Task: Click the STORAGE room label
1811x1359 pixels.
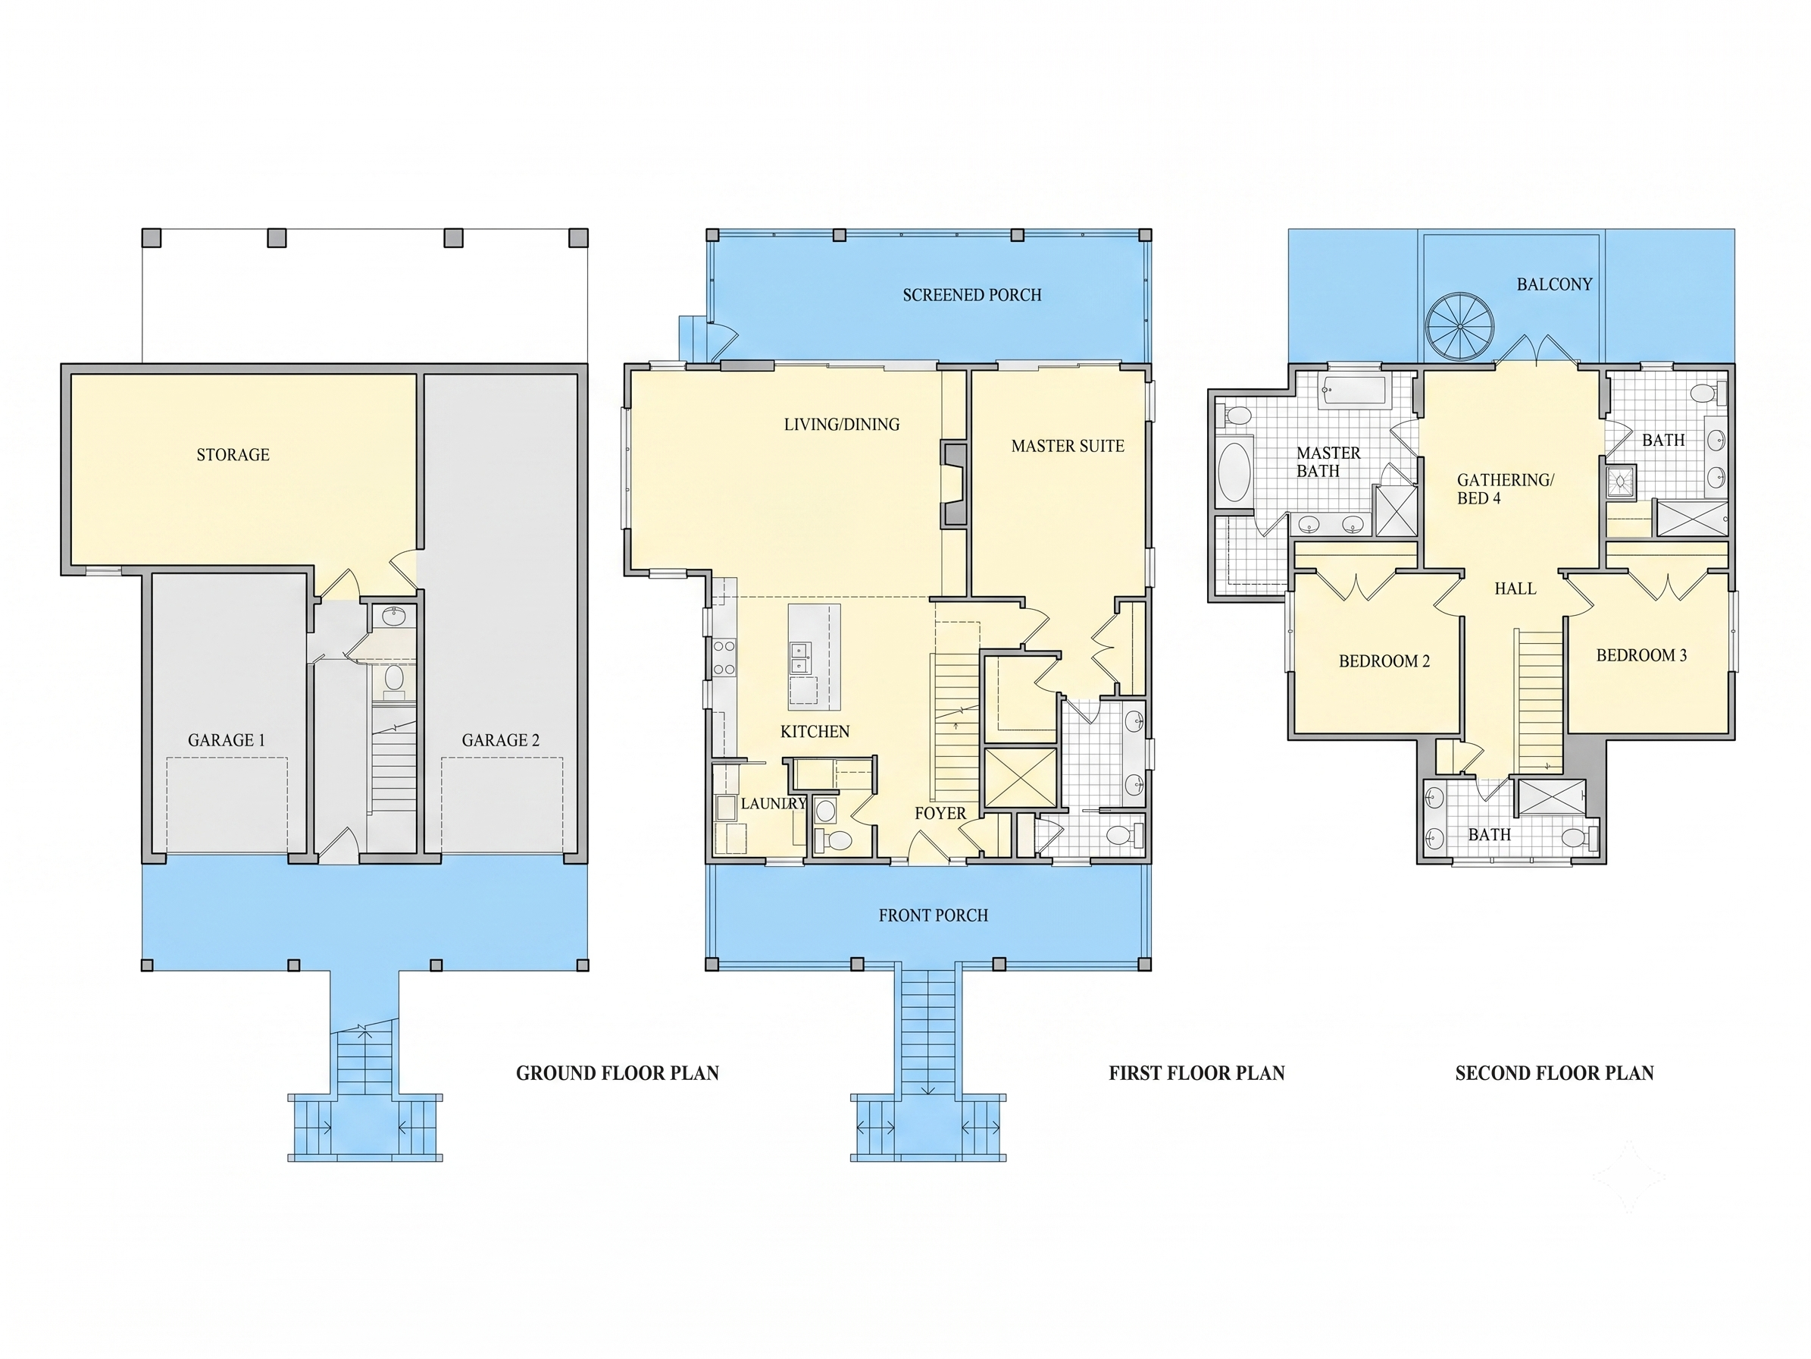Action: click(233, 454)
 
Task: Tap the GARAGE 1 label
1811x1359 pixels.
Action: click(227, 740)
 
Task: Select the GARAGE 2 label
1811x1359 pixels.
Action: click(501, 740)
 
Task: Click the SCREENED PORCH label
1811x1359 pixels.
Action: click(972, 295)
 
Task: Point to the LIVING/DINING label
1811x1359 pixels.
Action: click(842, 425)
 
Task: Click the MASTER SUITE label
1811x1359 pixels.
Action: click(1068, 447)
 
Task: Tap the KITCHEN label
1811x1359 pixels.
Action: click(815, 732)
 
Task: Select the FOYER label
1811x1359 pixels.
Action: click(940, 814)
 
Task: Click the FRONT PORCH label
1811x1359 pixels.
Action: click(934, 915)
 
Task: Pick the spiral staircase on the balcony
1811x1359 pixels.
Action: click(1459, 326)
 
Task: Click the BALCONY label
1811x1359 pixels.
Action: click(1554, 284)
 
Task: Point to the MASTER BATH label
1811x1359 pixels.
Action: click(1328, 462)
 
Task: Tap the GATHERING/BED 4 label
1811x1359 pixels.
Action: click(1505, 489)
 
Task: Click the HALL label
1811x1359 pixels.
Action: click(1515, 588)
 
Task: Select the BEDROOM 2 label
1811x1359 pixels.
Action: click(1384, 661)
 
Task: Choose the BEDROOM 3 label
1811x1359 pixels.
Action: click(1641, 655)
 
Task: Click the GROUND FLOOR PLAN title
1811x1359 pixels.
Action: click(618, 1073)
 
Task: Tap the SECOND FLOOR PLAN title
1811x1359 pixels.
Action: click(1554, 1073)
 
